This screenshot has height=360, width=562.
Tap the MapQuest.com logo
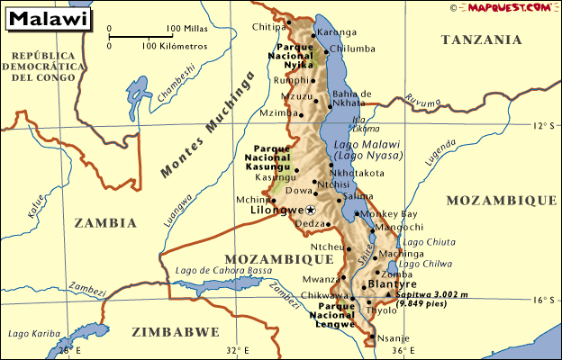511,7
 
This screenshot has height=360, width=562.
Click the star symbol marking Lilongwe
312,210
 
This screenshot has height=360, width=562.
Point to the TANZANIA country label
482,40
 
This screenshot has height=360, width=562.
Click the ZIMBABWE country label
175,331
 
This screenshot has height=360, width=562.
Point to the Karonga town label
338,32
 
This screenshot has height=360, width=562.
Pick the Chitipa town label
269,27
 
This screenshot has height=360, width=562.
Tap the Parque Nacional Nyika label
292,55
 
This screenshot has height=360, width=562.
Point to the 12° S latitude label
543,125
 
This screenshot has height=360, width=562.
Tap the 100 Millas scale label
187,28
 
